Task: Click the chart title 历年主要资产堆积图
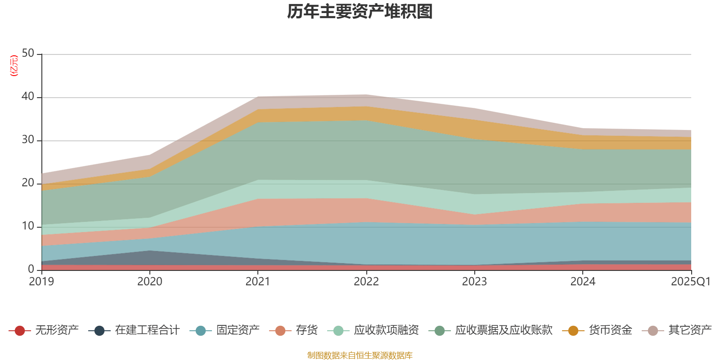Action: click(x=360, y=12)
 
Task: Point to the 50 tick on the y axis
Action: click(x=28, y=53)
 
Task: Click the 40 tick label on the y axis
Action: click(x=28, y=96)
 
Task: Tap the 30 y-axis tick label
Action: click(x=28, y=139)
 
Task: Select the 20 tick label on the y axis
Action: click(x=28, y=183)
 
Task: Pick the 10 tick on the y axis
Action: click(x=28, y=226)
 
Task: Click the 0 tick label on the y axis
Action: click(x=31, y=269)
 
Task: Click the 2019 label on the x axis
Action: click(x=41, y=282)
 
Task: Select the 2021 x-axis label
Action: click(x=257, y=282)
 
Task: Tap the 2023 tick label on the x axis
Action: click(x=474, y=282)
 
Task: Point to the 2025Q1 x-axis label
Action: click(x=690, y=282)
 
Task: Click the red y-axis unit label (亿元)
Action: click(x=14, y=66)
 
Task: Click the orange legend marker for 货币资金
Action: click(x=573, y=331)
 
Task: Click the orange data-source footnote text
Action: click(x=360, y=355)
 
